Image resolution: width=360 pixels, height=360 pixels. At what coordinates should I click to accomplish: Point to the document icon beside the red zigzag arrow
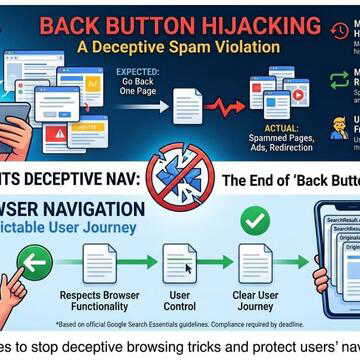tap(187, 105)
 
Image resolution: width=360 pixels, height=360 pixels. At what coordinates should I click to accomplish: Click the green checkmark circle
tap(253, 219)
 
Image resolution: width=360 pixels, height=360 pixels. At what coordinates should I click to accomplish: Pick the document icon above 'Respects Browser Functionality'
tap(100, 264)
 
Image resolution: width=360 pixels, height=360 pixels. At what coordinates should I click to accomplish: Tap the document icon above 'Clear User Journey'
tap(256, 264)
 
